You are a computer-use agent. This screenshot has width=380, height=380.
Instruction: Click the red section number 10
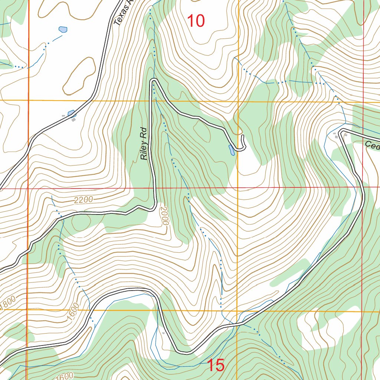click(x=196, y=21)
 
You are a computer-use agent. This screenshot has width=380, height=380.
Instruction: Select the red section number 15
click(x=216, y=366)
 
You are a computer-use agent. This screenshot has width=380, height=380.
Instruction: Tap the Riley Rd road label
click(x=144, y=144)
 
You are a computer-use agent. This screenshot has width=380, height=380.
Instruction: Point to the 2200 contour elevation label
click(x=83, y=200)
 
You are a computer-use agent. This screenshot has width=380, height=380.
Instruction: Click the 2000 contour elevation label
click(x=165, y=216)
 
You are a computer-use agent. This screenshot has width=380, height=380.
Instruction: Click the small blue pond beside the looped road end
click(x=232, y=150)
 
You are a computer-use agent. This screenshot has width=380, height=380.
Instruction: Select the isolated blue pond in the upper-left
click(x=63, y=29)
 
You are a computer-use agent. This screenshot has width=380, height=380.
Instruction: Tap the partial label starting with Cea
click(x=371, y=145)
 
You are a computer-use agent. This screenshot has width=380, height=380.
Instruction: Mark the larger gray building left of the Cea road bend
click(x=337, y=137)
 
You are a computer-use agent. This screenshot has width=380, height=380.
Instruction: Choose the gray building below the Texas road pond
click(x=73, y=119)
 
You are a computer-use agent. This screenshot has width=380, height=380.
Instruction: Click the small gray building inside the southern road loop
click(x=163, y=333)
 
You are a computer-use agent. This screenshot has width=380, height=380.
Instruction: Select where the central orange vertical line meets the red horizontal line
click(x=238, y=188)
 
